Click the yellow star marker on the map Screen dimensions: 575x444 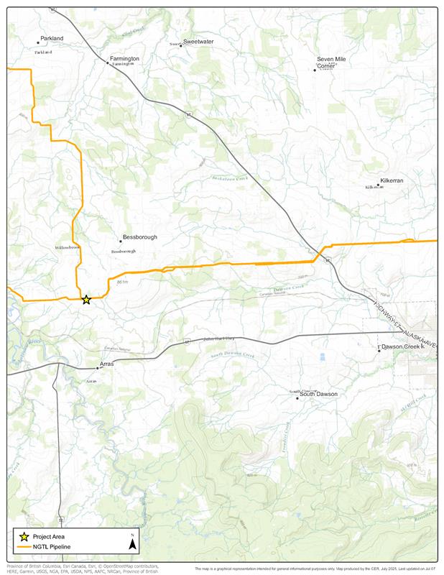point(86,300)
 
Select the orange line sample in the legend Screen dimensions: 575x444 point(24,547)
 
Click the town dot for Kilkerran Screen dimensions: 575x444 point(378,185)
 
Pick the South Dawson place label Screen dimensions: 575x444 point(318,394)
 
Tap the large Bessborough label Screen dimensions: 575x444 point(139,237)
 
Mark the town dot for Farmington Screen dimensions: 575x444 point(108,63)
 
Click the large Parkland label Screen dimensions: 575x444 point(52,38)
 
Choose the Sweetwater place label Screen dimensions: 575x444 point(198,42)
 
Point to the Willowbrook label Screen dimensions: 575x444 point(68,247)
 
